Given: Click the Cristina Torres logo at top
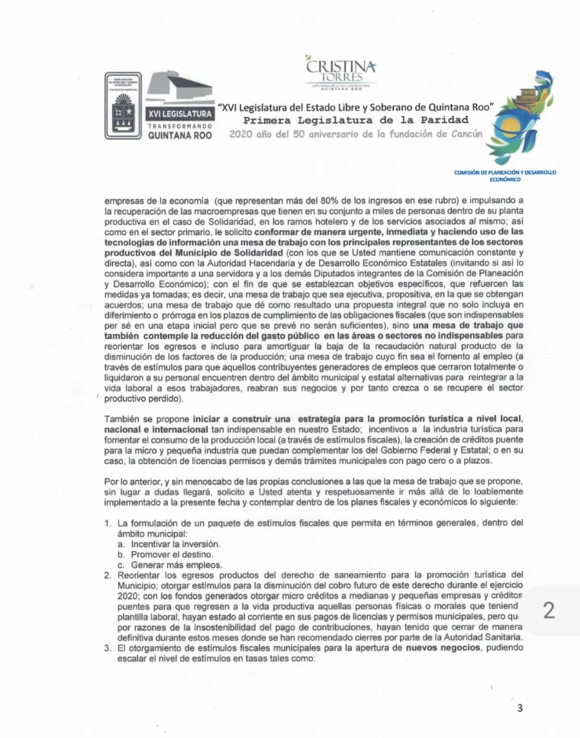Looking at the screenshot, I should click(340, 74).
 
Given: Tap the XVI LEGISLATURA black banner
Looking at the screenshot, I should click(179, 112).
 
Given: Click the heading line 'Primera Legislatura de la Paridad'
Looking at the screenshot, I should click(356, 120).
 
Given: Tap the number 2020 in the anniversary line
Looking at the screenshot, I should click(243, 134).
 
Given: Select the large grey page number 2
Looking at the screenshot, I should click(548, 609).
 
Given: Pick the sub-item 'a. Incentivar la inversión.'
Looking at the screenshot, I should click(169, 543).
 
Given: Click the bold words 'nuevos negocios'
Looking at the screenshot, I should click(446, 647).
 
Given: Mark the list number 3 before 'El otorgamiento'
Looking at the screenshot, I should click(108, 647).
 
